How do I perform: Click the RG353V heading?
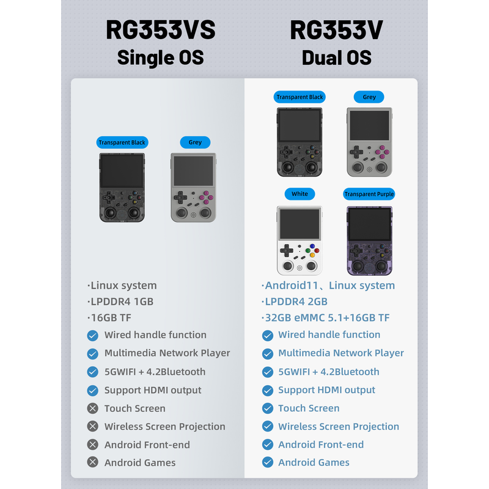(x=336, y=31)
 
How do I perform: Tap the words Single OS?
(x=160, y=57)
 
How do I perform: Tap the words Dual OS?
(x=336, y=57)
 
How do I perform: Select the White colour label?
(x=300, y=194)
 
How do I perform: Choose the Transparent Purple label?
(x=369, y=194)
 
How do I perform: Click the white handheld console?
(x=300, y=240)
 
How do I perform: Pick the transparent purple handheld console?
(x=369, y=240)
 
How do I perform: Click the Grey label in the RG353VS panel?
(x=195, y=142)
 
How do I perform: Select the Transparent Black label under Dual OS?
(x=300, y=97)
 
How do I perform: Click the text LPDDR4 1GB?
(x=120, y=301)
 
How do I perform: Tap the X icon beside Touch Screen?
(x=92, y=408)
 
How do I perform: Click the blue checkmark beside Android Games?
(x=267, y=463)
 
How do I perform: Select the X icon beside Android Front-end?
(x=92, y=445)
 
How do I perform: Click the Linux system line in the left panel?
(x=122, y=285)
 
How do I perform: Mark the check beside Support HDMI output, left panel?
(x=92, y=390)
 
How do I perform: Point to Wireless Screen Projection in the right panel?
(x=338, y=427)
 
